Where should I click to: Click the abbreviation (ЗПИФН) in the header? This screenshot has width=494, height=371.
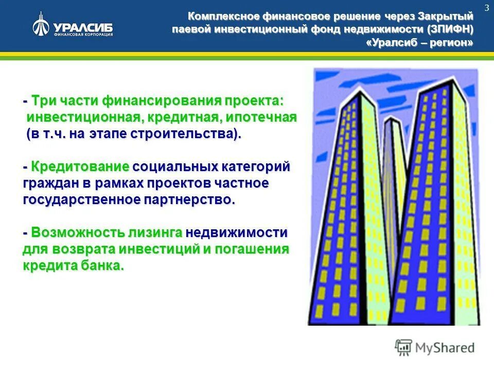pos(450,29)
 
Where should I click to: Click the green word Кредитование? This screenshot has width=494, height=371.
pos(79,166)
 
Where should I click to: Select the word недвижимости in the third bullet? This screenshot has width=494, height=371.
pos(237,232)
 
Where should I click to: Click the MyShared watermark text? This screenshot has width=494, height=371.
pos(445,348)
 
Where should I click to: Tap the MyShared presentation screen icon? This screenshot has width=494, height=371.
pos(403,348)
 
